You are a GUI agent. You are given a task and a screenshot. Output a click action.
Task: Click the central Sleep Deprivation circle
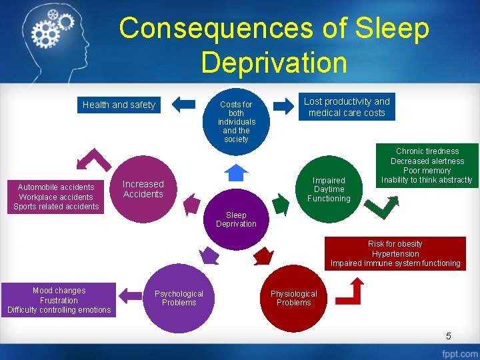coord(236,219)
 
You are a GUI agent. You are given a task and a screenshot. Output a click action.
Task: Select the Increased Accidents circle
coord(143,189)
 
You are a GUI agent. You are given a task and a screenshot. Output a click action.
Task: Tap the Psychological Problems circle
coord(179,298)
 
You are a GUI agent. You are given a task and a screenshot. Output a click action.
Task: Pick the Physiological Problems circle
coord(293,298)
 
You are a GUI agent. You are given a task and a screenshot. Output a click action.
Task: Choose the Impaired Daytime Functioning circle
coord(329,189)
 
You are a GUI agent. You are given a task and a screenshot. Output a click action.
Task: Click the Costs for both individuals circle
coord(236,121)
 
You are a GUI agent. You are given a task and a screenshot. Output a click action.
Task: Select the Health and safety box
coord(119,105)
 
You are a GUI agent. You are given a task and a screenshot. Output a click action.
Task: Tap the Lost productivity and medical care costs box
coord(347,107)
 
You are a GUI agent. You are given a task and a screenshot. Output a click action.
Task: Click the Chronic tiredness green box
coord(427,165)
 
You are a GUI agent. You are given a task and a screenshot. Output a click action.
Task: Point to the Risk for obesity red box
coord(395,253)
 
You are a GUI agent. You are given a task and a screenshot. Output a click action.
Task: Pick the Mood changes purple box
coord(59,300)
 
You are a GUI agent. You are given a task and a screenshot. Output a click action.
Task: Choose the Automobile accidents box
coord(56,197)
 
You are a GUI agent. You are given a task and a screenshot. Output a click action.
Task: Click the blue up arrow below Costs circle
coord(236,172)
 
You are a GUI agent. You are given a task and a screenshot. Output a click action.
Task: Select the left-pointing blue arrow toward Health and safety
coord(184,104)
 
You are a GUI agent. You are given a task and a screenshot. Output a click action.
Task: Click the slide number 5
coord(449,335)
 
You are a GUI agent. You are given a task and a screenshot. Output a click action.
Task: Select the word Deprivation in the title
coord(274,63)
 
